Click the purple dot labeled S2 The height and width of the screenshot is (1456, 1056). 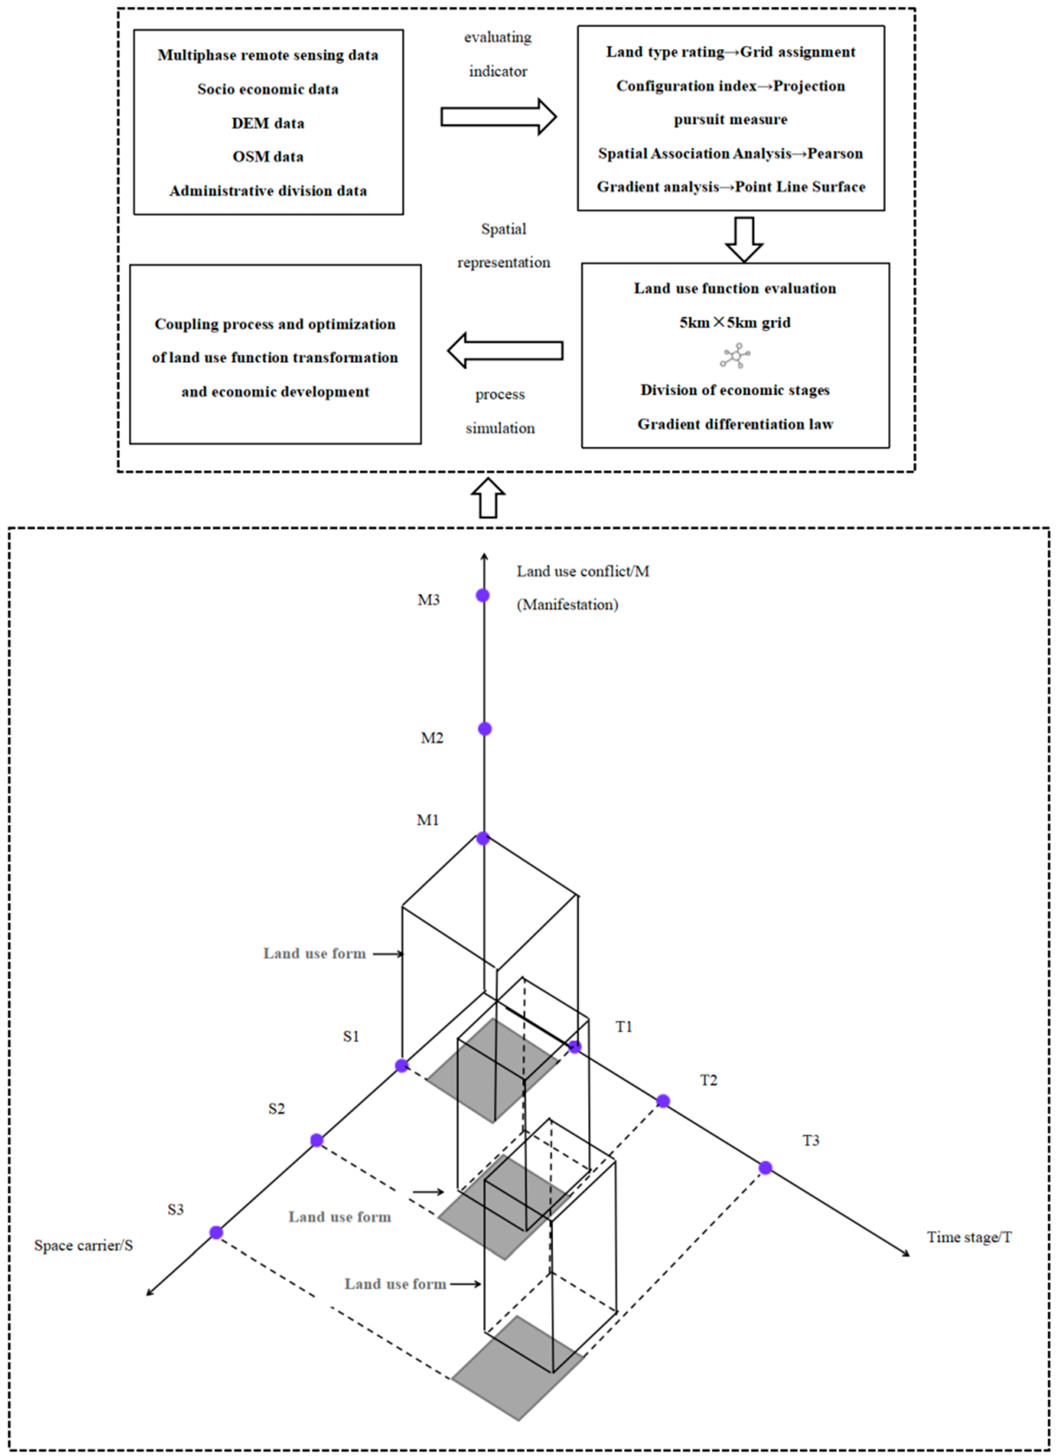(317, 1140)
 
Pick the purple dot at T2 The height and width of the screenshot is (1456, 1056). (663, 1101)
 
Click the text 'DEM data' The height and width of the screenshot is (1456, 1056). (268, 123)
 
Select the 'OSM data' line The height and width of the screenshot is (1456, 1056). (268, 156)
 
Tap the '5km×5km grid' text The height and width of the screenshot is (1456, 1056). (735, 322)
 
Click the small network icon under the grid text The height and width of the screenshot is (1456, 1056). (736, 355)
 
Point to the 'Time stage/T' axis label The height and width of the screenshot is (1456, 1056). (969, 1237)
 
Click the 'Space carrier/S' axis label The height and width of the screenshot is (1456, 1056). (83, 1246)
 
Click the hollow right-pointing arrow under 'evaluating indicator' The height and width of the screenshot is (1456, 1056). (498, 117)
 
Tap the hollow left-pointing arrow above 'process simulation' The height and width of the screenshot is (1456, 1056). (505, 351)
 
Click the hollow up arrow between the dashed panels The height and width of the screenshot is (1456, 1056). (488, 498)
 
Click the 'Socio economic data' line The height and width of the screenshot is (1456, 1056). (268, 89)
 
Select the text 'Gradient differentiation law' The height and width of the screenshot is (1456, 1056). (735, 424)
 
